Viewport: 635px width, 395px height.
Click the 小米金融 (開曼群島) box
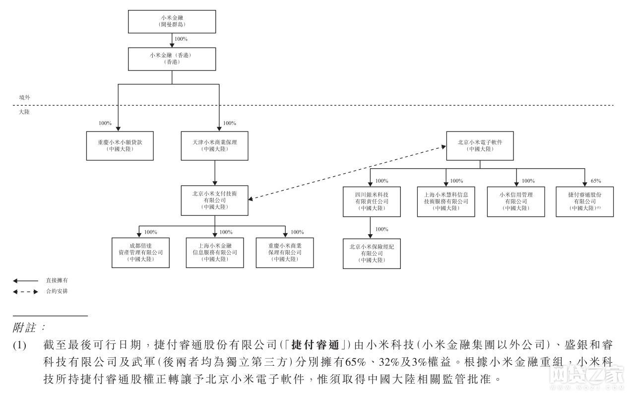pyautogui.click(x=171, y=21)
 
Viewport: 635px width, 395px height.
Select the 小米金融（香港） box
pyautogui.click(x=171, y=59)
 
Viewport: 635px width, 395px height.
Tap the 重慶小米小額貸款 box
pyautogui.click(x=120, y=146)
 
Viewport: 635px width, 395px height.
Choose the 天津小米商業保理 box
pyautogui.click(x=215, y=146)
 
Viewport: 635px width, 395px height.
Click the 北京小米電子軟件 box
pyautogui.click(x=480, y=146)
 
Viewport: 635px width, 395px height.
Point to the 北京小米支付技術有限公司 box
pyautogui.click(x=215, y=200)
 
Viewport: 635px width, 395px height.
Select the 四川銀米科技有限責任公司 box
pyautogui.click(x=372, y=201)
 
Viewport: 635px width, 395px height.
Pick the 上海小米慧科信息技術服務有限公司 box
pyautogui.click(x=445, y=201)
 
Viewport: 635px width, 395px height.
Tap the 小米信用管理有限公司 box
pyautogui.click(x=516, y=201)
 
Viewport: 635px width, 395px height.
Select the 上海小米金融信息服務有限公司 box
pyautogui.click(x=215, y=253)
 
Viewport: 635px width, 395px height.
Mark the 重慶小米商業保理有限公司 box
pyautogui.click(x=285, y=253)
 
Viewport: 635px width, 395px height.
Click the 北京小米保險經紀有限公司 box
pyautogui.click(x=372, y=254)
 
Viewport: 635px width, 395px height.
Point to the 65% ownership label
pyautogui.click(x=596, y=181)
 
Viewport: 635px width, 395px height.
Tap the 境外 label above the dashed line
pyautogui.click(x=24, y=98)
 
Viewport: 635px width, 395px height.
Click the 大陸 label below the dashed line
pyautogui.click(x=24, y=112)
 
